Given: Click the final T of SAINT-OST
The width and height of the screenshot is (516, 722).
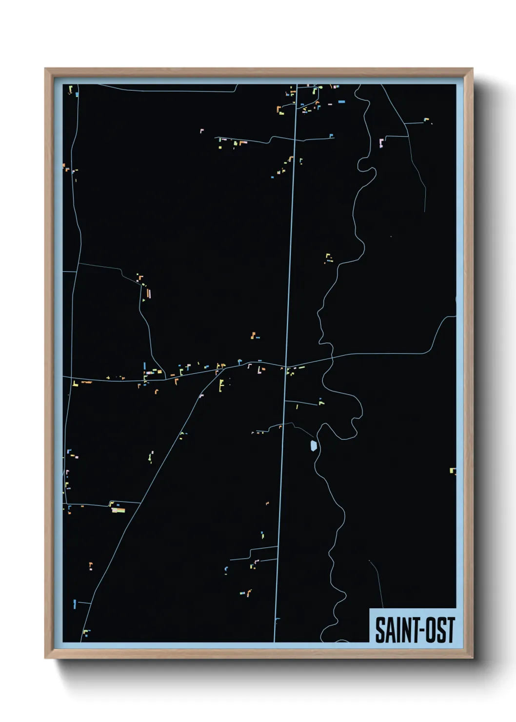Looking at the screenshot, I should tap(451, 630).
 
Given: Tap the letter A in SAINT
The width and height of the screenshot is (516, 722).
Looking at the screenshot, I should tap(388, 630).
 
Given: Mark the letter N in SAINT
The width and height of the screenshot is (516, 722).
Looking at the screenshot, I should tap(403, 630).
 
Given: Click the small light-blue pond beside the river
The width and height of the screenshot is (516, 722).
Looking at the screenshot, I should tap(313, 445).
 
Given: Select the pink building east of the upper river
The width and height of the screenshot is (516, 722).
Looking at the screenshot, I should tap(381, 143).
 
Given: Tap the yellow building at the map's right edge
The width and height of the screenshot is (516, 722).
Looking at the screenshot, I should tap(453, 471).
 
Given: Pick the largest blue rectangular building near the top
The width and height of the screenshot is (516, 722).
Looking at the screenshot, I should tap(341, 101).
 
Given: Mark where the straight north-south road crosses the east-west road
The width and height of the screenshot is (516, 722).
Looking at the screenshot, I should tap(286, 366).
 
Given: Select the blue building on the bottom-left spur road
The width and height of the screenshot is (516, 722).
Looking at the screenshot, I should tap(75, 603).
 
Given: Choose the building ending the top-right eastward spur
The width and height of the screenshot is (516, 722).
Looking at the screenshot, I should tap(426, 120).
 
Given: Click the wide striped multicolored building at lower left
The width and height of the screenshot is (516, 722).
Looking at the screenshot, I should tap(119, 510).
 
